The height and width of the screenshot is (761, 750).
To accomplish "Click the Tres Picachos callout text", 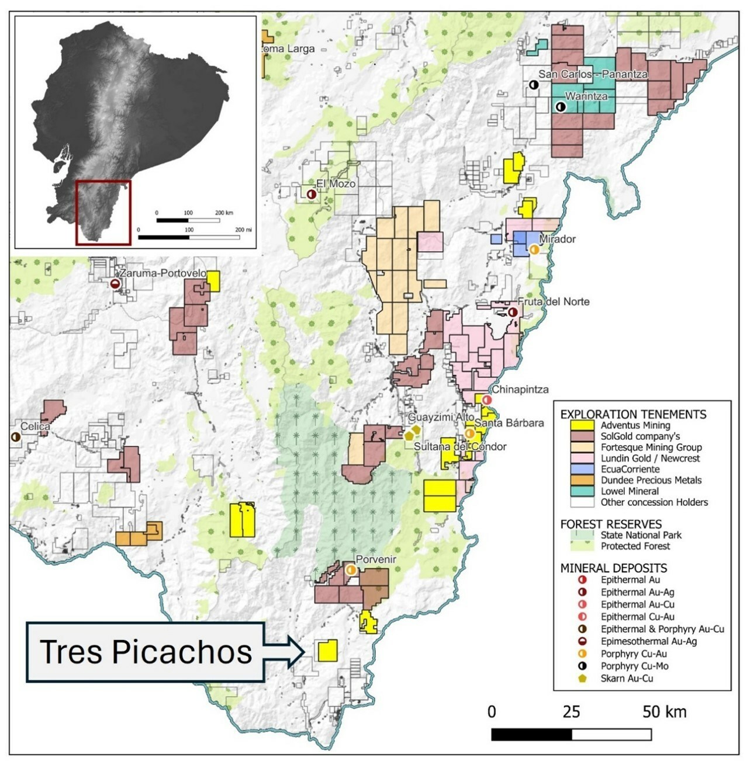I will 146,652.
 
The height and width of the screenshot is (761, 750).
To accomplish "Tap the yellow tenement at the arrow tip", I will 327,650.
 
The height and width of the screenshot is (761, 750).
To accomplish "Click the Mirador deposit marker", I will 534,249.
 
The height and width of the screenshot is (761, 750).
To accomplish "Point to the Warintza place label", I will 586,96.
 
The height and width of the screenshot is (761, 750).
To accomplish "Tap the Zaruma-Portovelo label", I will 163,273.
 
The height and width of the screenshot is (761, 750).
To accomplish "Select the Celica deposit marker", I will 16,437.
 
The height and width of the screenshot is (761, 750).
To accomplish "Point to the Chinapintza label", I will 520,390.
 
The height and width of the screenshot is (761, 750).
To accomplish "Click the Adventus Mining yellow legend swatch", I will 582,425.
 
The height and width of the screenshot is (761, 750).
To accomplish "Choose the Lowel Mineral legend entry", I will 629,491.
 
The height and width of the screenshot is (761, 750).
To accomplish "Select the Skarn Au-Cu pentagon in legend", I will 582,678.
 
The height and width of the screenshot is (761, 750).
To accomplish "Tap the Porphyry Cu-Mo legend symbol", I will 582,666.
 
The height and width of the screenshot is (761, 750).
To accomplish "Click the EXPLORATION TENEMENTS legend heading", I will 633,414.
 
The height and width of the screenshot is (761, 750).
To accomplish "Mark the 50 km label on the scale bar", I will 664,712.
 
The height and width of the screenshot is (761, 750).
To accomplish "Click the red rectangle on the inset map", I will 103,211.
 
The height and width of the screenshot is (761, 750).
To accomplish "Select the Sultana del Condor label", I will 460,447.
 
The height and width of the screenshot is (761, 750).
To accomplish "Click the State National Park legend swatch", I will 582,534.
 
